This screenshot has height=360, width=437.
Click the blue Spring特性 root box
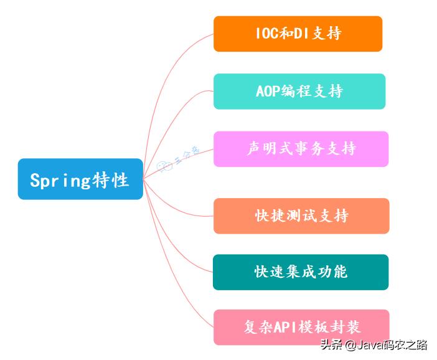(80, 179)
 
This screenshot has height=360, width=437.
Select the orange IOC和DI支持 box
(298, 34)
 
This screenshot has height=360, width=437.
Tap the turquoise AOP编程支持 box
(299, 91)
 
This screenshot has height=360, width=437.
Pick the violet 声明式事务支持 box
(301, 149)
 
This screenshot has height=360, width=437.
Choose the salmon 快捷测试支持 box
(301, 216)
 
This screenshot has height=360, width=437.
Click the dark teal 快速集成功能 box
(301, 272)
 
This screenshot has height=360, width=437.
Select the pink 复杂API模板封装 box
(301, 327)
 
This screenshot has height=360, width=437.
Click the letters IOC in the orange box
(265, 34)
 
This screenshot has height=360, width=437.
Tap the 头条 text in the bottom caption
(331, 344)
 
